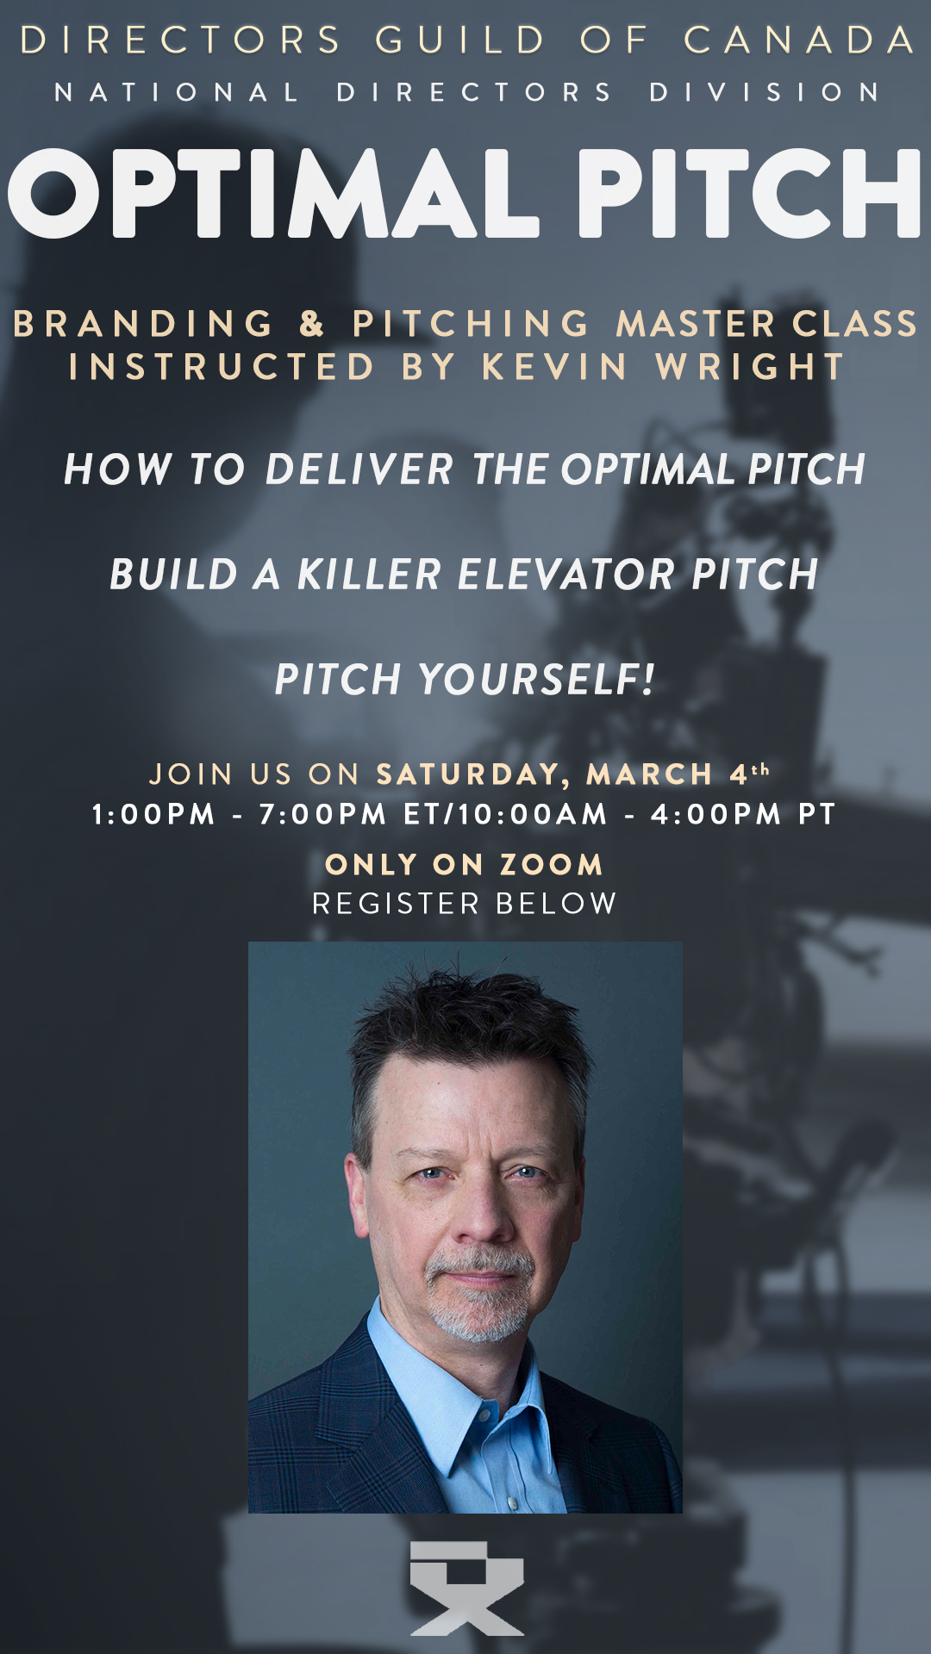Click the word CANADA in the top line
point(799,40)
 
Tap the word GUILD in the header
point(460,40)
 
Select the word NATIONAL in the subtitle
point(177,92)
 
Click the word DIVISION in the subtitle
point(765,92)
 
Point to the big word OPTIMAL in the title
point(273,193)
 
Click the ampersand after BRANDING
point(312,324)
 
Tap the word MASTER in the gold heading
point(697,324)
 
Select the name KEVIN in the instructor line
point(555,367)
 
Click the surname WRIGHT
point(750,367)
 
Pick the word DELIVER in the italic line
point(359,469)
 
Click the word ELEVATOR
point(565,575)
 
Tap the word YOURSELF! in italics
point(537,680)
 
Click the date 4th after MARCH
point(749,774)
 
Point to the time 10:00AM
point(534,814)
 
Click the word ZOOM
point(551,865)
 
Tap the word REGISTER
point(396,904)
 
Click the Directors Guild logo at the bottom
point(467,1589)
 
